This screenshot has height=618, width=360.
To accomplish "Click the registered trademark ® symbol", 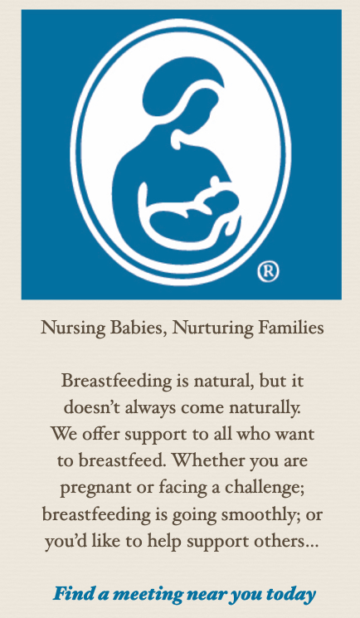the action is [268, 272].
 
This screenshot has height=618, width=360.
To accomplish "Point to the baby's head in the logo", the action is [222, 201].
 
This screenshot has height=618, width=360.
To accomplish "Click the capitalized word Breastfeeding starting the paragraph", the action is [116, 382].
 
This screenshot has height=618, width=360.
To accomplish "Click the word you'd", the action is [62, 542].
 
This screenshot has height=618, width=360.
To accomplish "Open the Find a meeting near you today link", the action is [184, 594].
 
